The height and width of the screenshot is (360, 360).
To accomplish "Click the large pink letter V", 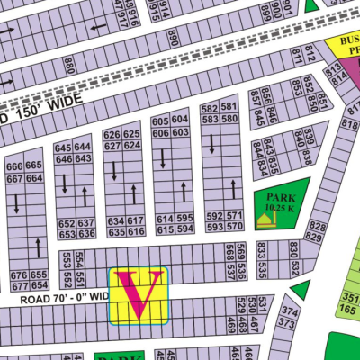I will point(138,294).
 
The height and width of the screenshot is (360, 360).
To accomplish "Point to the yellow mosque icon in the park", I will point(264,221).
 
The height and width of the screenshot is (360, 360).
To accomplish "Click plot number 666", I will point(14,166).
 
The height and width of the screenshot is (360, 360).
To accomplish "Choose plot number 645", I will point(63,148).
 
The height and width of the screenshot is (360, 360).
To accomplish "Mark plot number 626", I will point(112,136).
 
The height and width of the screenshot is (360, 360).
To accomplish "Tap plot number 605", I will point(160,121).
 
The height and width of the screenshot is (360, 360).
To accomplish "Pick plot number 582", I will point(210,108).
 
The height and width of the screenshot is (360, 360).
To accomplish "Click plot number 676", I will point(18,274).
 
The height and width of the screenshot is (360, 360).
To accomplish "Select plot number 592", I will point(214,216).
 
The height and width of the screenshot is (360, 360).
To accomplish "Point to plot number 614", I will point(165,220).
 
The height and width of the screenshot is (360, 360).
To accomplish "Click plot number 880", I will point(69,66).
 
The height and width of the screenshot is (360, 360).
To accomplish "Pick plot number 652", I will point(66,223).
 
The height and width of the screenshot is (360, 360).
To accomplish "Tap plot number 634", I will point(115,220).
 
